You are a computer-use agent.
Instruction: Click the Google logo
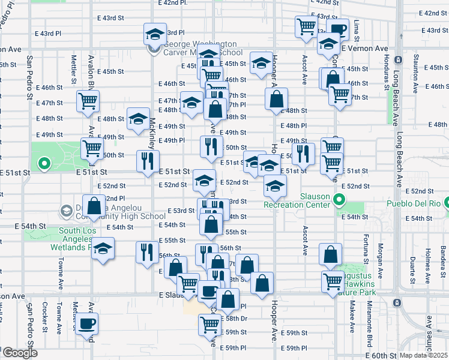click(x=19, y=353)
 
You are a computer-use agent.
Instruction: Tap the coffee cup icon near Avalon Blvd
click(x=87, y=324)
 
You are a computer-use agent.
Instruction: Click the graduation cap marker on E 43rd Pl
click(x=155, y=34)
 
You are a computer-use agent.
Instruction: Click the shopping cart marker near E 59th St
click(x=209, y=325)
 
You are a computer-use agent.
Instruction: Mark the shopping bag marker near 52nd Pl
click(x=94, y=206)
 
